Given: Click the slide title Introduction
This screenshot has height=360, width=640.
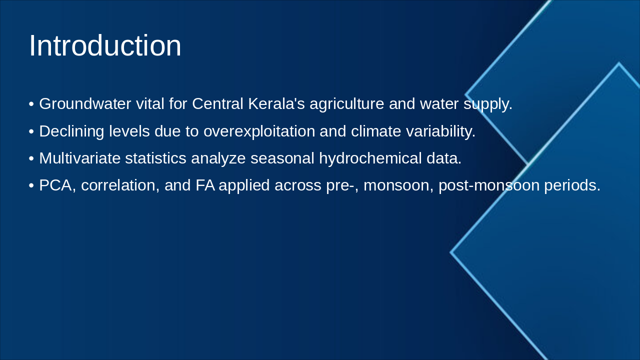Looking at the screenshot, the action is pyautogui.click(x=105, y=45).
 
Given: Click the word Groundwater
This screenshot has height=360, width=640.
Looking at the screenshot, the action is pyautogui.click(x=85, y=103).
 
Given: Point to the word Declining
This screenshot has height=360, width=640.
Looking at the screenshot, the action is pyautogui.click(x=71, y=131).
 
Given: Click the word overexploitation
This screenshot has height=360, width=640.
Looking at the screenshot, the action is pyautogui.click(x=259, y=131).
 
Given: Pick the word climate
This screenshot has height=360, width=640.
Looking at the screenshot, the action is pyautogui.click(x=376, y=131).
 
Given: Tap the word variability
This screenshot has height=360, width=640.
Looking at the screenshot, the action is pyautogui.click(x=441, y=131).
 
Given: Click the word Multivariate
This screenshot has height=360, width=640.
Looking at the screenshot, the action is pyautogui.click(x=80, y=158).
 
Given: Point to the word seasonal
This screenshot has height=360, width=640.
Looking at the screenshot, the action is pyautogui.click(x=282, y=158).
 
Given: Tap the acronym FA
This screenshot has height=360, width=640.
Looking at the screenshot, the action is pyautogui.click(x=205, y=185).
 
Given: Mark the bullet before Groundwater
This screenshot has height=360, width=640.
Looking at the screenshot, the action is pyautogui.click(x=31, y=104).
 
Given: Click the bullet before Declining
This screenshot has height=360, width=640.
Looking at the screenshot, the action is pyautogui.click(x=31, y=131).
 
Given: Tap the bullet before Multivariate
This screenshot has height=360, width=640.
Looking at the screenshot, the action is pyautogui.click(x=31, y=158).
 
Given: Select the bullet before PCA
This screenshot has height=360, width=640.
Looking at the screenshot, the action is pyautogui.click(x=31, y=185).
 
